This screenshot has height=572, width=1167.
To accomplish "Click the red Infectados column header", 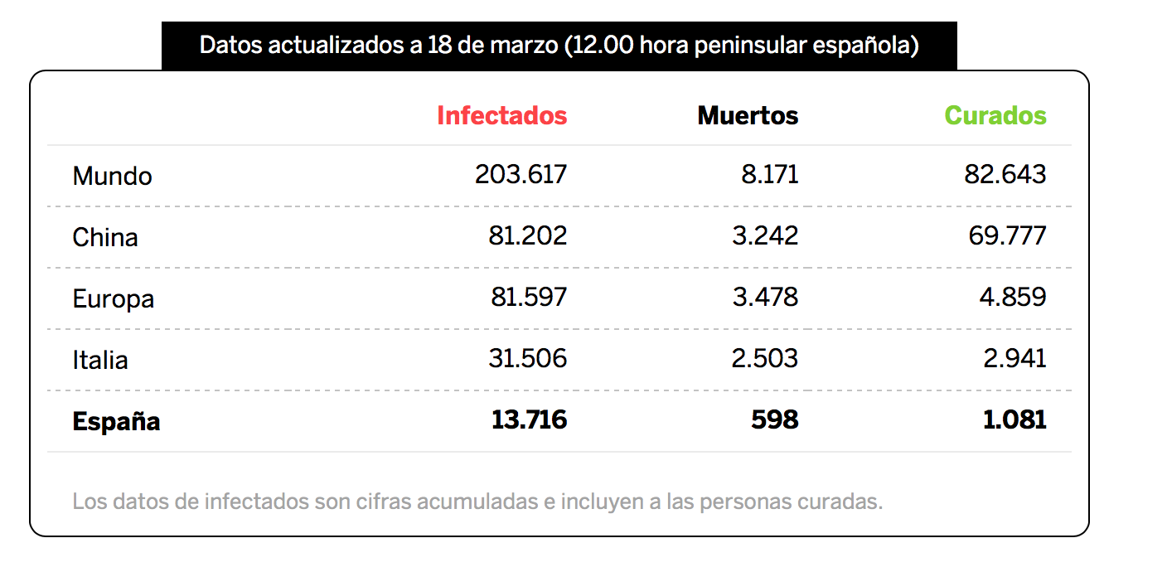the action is [x=501, y=115].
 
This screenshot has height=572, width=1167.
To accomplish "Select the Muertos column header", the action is [x=748, y=115].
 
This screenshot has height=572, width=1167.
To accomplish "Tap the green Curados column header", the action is [x=995, y=115].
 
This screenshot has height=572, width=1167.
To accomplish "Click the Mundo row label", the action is [x=112, y=176].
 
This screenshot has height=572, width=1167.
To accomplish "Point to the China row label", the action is [x=104, y=237].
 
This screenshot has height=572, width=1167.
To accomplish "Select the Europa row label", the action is [x=113, y=299].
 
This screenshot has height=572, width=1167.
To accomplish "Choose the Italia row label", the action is [x=100, y=360].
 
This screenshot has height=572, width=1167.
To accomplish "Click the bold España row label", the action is [x=116, y=421].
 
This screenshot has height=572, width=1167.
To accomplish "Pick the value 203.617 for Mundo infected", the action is [x=521, y=174].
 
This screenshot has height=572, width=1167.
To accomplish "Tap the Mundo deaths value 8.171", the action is [x=769, y=174].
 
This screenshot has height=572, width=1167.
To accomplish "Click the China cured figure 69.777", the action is [x=1007, y=235].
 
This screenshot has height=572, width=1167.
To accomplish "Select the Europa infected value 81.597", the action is [x=528, y=297].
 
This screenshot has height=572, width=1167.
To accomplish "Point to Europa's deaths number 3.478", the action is [x=765, y=297].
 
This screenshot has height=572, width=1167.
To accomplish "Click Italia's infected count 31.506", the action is [x=527, y=358].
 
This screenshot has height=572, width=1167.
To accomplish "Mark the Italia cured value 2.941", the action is [x=1014, y=358].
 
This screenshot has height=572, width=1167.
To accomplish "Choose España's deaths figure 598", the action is [x=774, y=420].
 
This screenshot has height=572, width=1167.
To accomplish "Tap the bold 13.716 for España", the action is [x=529, y=420].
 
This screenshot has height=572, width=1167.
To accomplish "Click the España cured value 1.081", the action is [x=1014, y=420].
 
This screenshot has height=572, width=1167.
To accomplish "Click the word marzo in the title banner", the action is [x=524, y=46].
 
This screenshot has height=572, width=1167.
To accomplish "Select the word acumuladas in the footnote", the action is [x=477, y=502].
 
